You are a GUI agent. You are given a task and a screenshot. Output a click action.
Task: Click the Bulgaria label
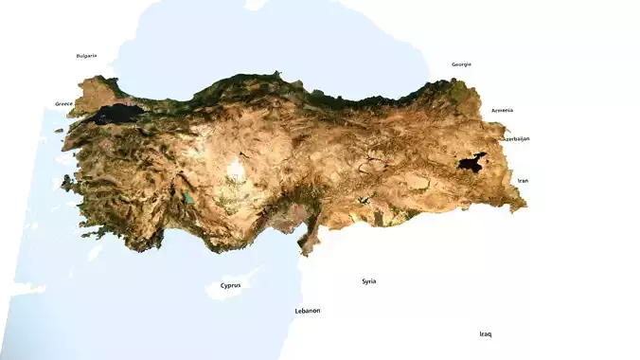point(86,56)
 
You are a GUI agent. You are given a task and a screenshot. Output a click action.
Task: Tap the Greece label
point(64,103)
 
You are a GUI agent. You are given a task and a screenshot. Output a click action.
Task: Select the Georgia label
point(461,64)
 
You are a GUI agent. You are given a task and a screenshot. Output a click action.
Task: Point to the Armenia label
point(502,110)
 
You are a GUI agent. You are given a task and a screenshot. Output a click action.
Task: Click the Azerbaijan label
point(516,139)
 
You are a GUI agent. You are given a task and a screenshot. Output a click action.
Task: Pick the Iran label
point(523,180)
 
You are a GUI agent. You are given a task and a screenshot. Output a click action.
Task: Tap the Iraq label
point(486,333)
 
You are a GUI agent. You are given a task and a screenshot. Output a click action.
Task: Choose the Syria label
point(368,281)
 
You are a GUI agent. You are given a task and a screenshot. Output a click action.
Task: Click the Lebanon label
point(308,311)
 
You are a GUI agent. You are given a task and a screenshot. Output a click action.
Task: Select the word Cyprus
point(230,285)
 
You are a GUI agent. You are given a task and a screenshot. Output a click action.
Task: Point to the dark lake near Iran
point(471,163)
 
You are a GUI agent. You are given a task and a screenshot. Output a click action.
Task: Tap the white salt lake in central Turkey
point(236,171)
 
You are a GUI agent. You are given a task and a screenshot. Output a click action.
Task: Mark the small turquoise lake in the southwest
point(188,199)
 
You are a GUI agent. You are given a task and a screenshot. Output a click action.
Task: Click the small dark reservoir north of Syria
point(363,201)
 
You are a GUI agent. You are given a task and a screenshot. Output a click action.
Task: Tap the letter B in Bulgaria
point(78,56)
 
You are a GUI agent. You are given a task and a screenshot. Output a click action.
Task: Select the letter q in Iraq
point(489,334)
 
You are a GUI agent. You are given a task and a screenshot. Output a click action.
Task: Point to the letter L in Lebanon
point(297,311)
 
